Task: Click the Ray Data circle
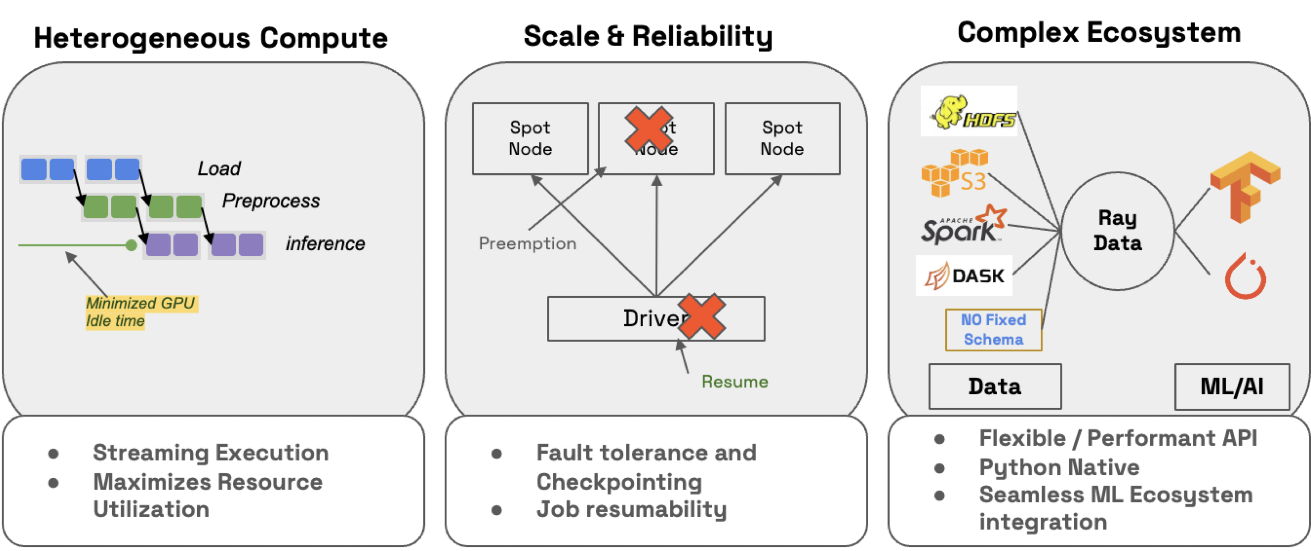1118,231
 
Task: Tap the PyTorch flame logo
1245,277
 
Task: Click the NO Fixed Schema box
993,330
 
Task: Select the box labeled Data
995,387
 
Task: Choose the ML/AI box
1231,387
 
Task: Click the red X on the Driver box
702,317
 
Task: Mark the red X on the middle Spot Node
648,130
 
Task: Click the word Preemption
527,243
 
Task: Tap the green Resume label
735,382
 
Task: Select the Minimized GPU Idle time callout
140,312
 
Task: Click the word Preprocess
271,201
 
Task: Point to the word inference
325,244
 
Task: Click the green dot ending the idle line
131,246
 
